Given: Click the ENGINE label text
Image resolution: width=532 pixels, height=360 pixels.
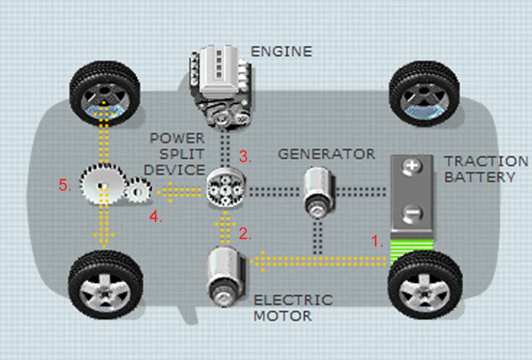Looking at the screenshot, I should click(281, 51).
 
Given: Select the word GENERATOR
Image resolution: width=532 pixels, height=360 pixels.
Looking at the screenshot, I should click(326, 154).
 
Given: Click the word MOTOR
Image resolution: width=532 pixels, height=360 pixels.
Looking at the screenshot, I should click(283, 316).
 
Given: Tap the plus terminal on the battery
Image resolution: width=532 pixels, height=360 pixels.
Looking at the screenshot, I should click(412, 167).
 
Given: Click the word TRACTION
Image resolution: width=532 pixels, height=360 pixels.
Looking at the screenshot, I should click(486, 161).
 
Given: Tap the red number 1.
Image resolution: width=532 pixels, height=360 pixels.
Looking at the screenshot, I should click(377, 242).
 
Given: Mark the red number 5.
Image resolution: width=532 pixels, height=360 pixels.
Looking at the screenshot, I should click(65, 186).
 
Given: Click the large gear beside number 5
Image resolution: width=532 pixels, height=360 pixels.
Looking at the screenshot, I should click(103, 185).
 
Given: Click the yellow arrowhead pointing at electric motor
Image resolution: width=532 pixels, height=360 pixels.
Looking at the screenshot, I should click(254, 261).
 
